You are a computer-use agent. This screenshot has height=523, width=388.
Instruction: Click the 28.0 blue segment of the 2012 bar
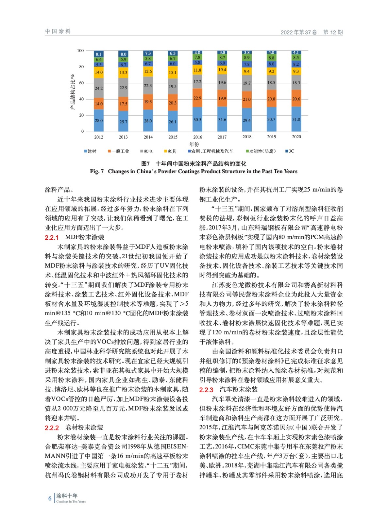coord(99,121)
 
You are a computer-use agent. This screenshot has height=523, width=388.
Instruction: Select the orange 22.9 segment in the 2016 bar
coord(197,98)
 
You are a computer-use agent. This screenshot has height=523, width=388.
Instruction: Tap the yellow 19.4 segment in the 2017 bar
coord(222,70)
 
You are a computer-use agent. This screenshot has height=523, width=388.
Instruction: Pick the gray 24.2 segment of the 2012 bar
coord(99,88)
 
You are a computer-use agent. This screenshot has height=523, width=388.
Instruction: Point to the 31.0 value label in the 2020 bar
coord(296,119)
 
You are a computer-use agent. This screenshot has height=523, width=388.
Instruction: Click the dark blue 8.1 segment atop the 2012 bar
coord(99,54)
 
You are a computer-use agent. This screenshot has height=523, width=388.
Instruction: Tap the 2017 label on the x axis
coord(222,137)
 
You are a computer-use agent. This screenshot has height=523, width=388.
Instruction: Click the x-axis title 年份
coord(194,144)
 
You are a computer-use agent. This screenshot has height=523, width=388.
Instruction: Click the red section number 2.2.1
coord(52,238)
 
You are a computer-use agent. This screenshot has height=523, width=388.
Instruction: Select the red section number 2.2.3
coord(206,390)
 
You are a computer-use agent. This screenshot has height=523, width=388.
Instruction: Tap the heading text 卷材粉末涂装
coord(84,428)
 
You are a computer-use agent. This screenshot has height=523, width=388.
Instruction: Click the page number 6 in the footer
coord(50,498)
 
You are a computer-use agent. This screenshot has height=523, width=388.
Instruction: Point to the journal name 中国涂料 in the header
coord(58,31)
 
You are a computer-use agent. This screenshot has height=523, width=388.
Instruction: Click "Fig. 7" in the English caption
coord(97,171)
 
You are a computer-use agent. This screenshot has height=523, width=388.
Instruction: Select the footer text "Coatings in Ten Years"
coord(71,501)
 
